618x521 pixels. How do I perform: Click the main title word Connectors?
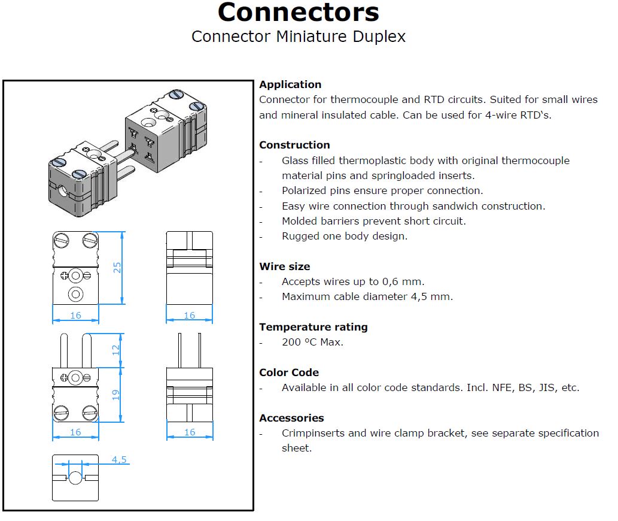pyautogui.click(x=299, y=12)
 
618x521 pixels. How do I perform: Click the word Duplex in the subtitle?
pyautogui.click(x=379, y=37)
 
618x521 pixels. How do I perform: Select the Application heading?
pyautogui.click(x=290, y=85)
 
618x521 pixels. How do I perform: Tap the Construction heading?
pyautogui.click(x=294, y=145)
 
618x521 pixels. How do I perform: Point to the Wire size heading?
pyautogui.click(x=285, y=266)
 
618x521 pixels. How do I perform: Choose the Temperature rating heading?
pyautogui.click(x=313, y=328)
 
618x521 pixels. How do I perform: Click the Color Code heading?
pyautogui.click(x=289, y=372)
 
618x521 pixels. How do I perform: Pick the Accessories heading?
pyautogui.click(x=292, y=418)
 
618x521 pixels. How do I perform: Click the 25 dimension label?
pyautogui.click(x=117, y=268)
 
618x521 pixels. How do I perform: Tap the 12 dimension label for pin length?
pyautogui.click(x=115, y=350)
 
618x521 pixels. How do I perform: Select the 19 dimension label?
pyautogui.click(x=115, y=395)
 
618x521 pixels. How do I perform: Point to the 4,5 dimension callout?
pyautogui.click(x=119, y=459)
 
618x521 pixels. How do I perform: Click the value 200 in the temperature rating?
pyautogui.click(x=291, y=342)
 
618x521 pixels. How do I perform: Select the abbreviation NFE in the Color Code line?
pyautogui.click(x=501, y=387)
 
